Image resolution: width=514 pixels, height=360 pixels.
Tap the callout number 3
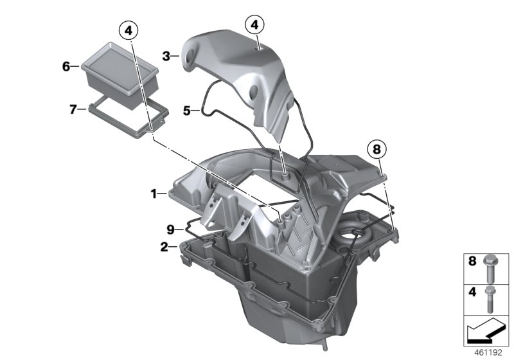[166, 57]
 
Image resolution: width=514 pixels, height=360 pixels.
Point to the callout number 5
[186, 111]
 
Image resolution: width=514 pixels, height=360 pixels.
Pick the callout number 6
[66, 66]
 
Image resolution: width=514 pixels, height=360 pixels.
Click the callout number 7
[73, 109]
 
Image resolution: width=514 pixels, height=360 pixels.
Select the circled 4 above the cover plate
[255, 25]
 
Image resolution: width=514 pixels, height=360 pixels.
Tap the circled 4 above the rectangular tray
[128, 30]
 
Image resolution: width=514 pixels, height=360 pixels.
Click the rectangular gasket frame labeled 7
[128, 120]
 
